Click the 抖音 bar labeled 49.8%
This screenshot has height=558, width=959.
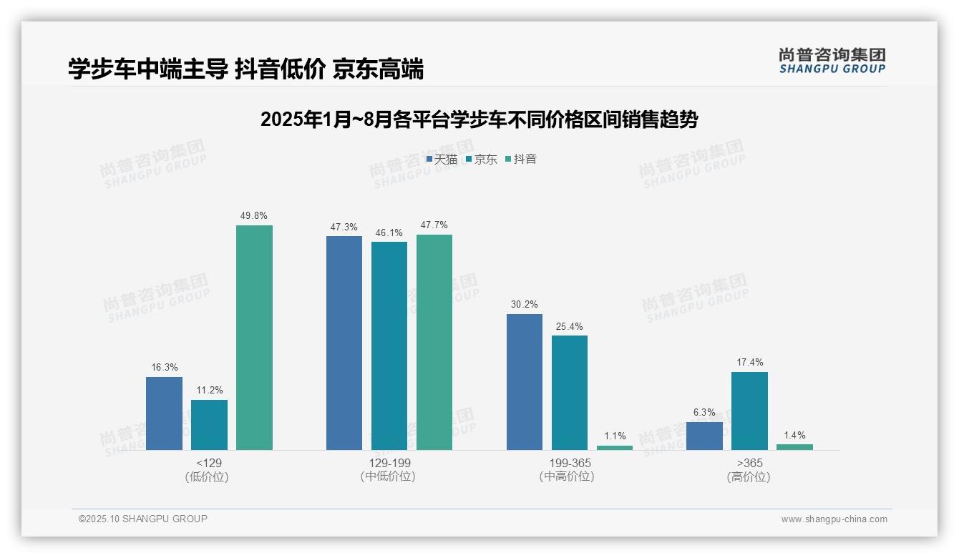pos(254,338)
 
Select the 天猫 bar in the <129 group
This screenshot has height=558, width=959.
pos(164,413)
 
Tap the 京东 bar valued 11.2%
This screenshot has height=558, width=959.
pos(209,425)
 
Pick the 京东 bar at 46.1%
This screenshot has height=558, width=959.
pos(389,346)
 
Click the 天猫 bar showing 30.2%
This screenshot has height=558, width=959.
pos(524,382)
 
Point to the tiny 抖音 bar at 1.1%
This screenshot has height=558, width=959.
pos(615,448)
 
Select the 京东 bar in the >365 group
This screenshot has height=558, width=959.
pos(749,411)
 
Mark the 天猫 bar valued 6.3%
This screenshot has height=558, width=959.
pos(704,436)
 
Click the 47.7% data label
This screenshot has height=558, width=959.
pos(434,225)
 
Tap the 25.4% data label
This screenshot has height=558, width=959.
pos(569,326)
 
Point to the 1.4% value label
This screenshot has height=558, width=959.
pos(794,435)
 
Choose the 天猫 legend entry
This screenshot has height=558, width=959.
pos(442,159)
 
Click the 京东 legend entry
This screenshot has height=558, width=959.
pos(482,159)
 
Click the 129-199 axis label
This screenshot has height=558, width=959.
pos(389,463)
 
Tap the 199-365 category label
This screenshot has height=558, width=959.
pos(570,463)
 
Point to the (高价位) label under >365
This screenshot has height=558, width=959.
pos(749,477)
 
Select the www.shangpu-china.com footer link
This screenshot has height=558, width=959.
pos(834,519)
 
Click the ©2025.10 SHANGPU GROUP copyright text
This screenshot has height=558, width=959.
pos(142,519)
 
